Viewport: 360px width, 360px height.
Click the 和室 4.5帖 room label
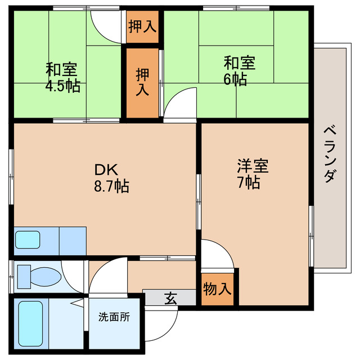63,78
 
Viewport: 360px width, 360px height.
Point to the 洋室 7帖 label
252,174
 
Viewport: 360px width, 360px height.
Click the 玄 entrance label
170,298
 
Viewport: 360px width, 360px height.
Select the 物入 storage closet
217,290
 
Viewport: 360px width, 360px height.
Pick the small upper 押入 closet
142,26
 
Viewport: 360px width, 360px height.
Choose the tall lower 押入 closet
142,82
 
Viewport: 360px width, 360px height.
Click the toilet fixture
39,276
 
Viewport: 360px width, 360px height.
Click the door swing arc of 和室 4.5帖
106,24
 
